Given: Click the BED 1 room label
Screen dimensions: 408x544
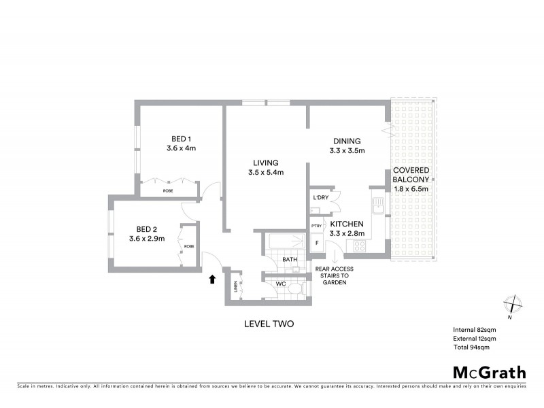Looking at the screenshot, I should [181, 138].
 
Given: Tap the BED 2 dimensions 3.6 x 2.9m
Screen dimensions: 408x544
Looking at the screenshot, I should [147, 239].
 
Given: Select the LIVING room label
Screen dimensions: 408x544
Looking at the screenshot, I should [265, 163].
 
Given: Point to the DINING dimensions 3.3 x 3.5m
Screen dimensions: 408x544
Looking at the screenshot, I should [347, 151].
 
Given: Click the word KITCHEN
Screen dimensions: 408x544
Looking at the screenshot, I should [347, 224].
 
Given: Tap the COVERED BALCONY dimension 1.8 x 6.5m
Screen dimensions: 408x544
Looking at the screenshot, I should [411, 189].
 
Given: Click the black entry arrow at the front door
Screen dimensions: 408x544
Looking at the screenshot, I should [212, 279].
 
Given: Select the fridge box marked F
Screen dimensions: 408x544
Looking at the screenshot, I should [316, 242].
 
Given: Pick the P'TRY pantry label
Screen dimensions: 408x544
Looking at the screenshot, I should [316, 226].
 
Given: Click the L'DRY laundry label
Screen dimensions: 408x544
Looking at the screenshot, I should [320, 198].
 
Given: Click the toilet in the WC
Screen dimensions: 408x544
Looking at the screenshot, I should [294, 288].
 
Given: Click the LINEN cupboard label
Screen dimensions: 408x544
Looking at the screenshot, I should [236, 286].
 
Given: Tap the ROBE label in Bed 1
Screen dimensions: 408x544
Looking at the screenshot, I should [167, 191].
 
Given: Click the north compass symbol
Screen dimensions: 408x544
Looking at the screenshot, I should [511, 305].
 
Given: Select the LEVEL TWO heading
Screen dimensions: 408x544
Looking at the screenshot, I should [269, 324].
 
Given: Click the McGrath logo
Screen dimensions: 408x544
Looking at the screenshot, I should [489, 372].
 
